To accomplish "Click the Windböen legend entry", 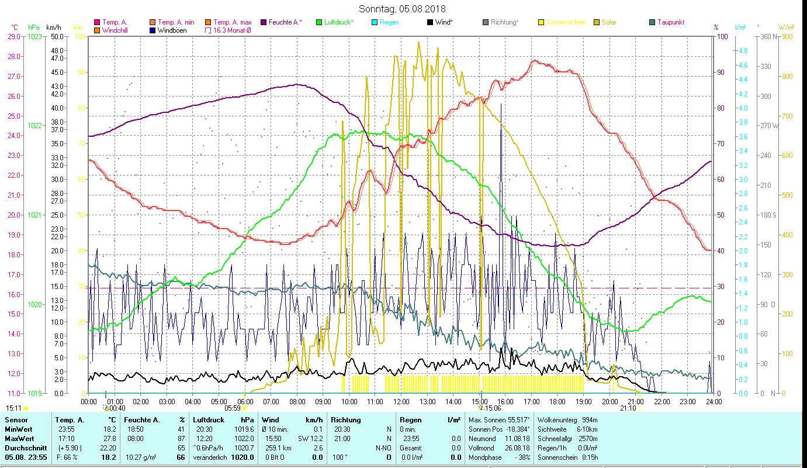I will coord(172,30).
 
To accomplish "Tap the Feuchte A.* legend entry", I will coord(285,22).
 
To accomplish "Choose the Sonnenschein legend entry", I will coord(567,22).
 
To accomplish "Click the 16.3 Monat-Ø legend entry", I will coord(232,30).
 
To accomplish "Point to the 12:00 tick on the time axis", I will coord(401,401).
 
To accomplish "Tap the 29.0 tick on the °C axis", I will coord(13,36).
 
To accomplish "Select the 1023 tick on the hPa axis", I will coord(34,36).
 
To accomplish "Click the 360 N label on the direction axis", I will coord(768,36).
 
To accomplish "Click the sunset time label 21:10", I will coord(628,408).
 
